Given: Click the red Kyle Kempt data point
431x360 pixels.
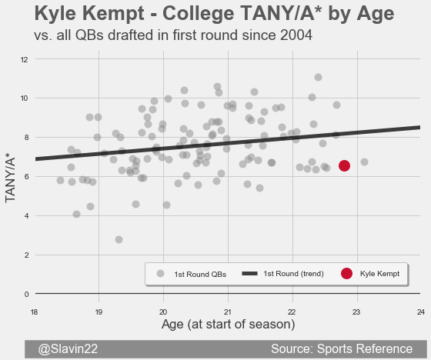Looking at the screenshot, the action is (344, 165).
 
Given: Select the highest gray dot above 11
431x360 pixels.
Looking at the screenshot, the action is (318, 78).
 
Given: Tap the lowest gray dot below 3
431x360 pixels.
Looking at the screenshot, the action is (119, 240).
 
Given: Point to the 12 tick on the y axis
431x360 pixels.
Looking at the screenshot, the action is (24, 59).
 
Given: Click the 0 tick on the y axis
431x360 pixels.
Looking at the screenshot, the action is (26, 295).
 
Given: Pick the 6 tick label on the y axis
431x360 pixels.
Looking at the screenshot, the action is (26, 177).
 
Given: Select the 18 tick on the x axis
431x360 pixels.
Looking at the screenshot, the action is (34, 312).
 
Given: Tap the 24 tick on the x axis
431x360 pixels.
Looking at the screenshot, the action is (421, 312).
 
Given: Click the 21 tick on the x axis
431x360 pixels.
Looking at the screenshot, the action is (227, 312).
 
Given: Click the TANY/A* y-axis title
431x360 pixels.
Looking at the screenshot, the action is (10, 180).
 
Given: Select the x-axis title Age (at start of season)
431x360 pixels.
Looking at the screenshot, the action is (228, 325).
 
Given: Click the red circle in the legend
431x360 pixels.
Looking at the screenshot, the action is (346, 273).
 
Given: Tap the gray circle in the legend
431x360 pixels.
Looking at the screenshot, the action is (160, 273).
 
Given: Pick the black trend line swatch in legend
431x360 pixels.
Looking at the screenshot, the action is (249, 273).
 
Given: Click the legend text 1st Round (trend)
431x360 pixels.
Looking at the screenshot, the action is (293, 274).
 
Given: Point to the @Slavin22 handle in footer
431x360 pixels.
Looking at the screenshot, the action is (68, 349).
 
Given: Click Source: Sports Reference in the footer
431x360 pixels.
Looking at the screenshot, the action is (342, 348).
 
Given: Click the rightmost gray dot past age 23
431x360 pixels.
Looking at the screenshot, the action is (364, 162).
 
